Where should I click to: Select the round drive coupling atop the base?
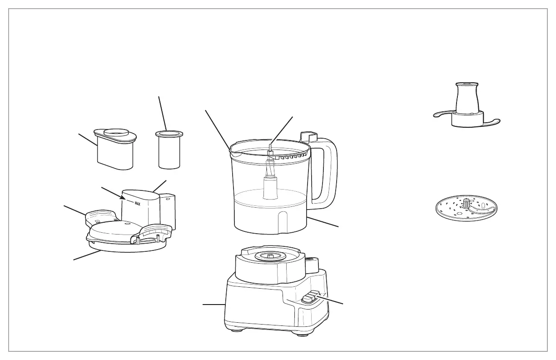point(270,256)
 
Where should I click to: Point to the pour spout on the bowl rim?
point(234,151)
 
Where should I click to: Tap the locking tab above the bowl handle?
point(308,135)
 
